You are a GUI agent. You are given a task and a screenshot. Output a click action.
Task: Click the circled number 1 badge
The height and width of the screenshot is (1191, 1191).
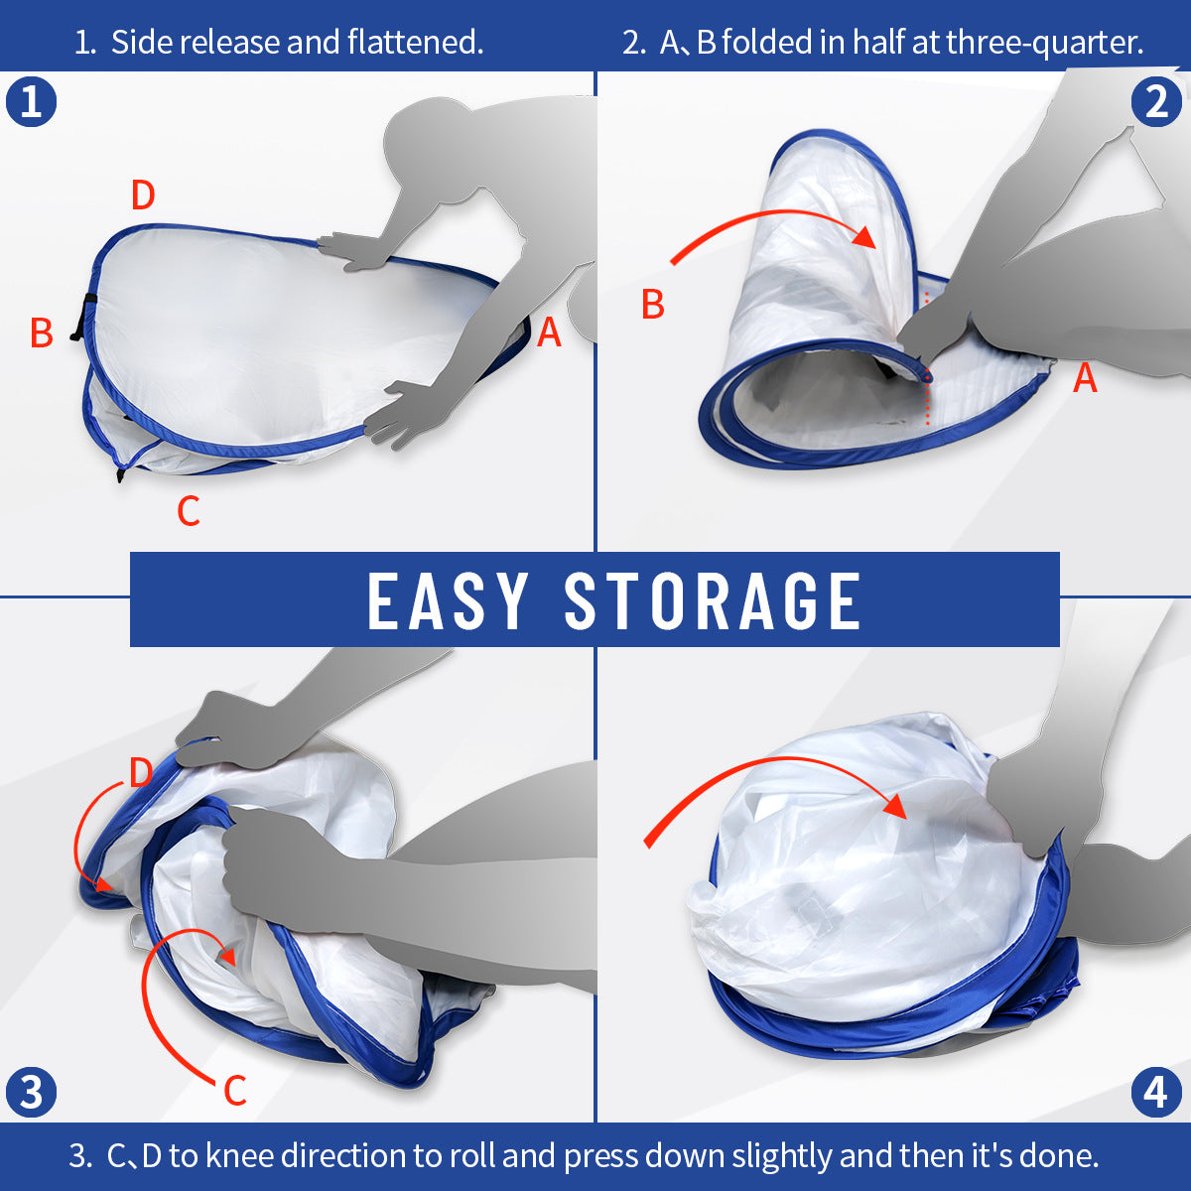[x=31, y=102]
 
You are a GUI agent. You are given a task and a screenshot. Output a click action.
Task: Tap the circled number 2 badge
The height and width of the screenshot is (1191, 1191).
[x=1156, y=102]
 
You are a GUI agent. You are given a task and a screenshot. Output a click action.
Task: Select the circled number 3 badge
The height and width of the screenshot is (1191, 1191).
[x=31, y=1092]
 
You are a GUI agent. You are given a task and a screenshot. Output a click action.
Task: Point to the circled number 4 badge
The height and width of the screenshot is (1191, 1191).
[x=1156, y=1092]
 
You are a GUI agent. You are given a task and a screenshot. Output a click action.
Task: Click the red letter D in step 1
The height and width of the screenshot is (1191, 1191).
[x=143, y=196]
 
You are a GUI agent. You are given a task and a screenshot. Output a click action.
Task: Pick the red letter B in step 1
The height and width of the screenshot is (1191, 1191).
[x=42, y=333]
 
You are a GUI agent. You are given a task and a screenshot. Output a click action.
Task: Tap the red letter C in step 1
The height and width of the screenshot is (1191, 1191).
[x=189, y=511]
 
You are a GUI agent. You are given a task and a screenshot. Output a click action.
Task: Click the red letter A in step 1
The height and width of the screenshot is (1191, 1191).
[x=549, y=333]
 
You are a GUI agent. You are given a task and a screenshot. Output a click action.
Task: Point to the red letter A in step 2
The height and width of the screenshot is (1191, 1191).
[x=1085, y=378]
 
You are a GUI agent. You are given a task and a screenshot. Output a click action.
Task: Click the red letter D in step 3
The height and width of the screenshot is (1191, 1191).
[x=141, y=772]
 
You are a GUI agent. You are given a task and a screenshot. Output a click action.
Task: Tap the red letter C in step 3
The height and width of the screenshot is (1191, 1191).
[x=235, y=1090]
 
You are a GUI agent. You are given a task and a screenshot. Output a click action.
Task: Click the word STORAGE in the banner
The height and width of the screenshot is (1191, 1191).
[x=713, y=600]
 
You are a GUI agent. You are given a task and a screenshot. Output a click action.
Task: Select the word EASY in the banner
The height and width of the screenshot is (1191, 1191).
[x=448, y=600]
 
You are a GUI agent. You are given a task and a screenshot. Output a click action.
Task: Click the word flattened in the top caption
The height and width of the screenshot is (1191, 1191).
[x=415, y=43]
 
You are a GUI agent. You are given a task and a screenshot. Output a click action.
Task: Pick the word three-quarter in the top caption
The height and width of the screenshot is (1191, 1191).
[x=1044, y=44]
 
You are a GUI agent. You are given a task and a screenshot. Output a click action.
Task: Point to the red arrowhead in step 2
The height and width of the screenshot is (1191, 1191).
[x=865, y=237]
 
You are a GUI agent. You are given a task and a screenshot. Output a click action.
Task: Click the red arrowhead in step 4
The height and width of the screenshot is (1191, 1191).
[x=895, y=807]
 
